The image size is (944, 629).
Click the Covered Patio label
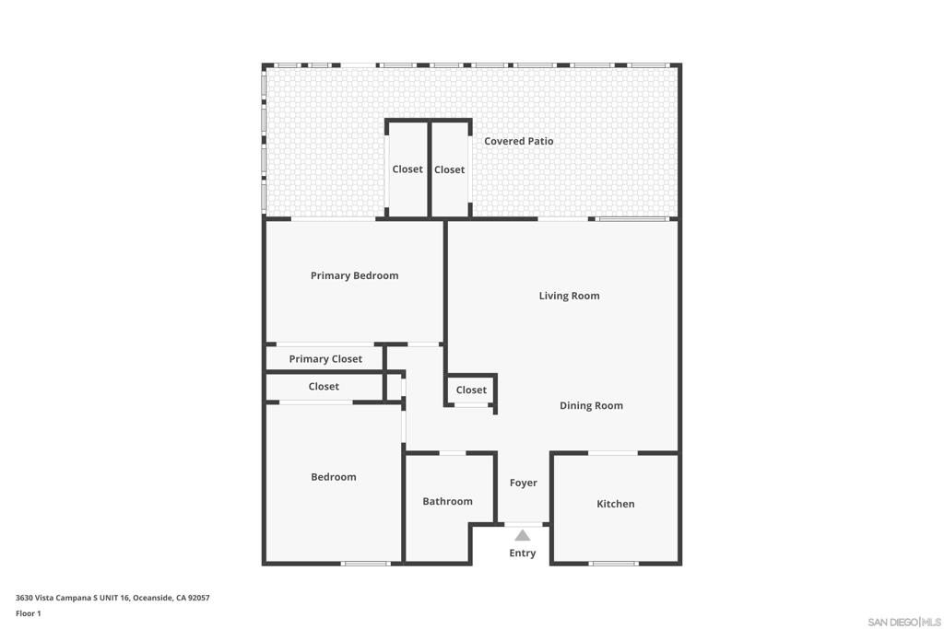[518, 141]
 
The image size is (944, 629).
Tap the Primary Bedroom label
[354, 276]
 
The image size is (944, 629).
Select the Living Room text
[569, 296]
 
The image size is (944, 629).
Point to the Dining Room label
[591, 406]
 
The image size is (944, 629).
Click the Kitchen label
[615, 504]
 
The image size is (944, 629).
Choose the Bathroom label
[447, 502]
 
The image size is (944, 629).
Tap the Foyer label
[524, 483]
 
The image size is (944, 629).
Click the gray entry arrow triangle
[523, 535]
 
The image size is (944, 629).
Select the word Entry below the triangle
[522, 553]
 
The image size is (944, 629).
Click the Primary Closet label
[325, 359]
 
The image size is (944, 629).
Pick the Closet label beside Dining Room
[471, 390]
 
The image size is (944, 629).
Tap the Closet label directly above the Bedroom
[324, 387]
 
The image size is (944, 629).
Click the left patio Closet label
[407, 169]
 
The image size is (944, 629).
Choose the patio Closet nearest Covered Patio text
[449, 170]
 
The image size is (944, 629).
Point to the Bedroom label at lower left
[334, 477]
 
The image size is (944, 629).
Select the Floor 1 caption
[29, 614]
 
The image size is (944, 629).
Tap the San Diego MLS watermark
[904, 622]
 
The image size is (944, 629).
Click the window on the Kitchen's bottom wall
[613, 564]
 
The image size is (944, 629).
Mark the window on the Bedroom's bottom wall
[365, 564]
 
